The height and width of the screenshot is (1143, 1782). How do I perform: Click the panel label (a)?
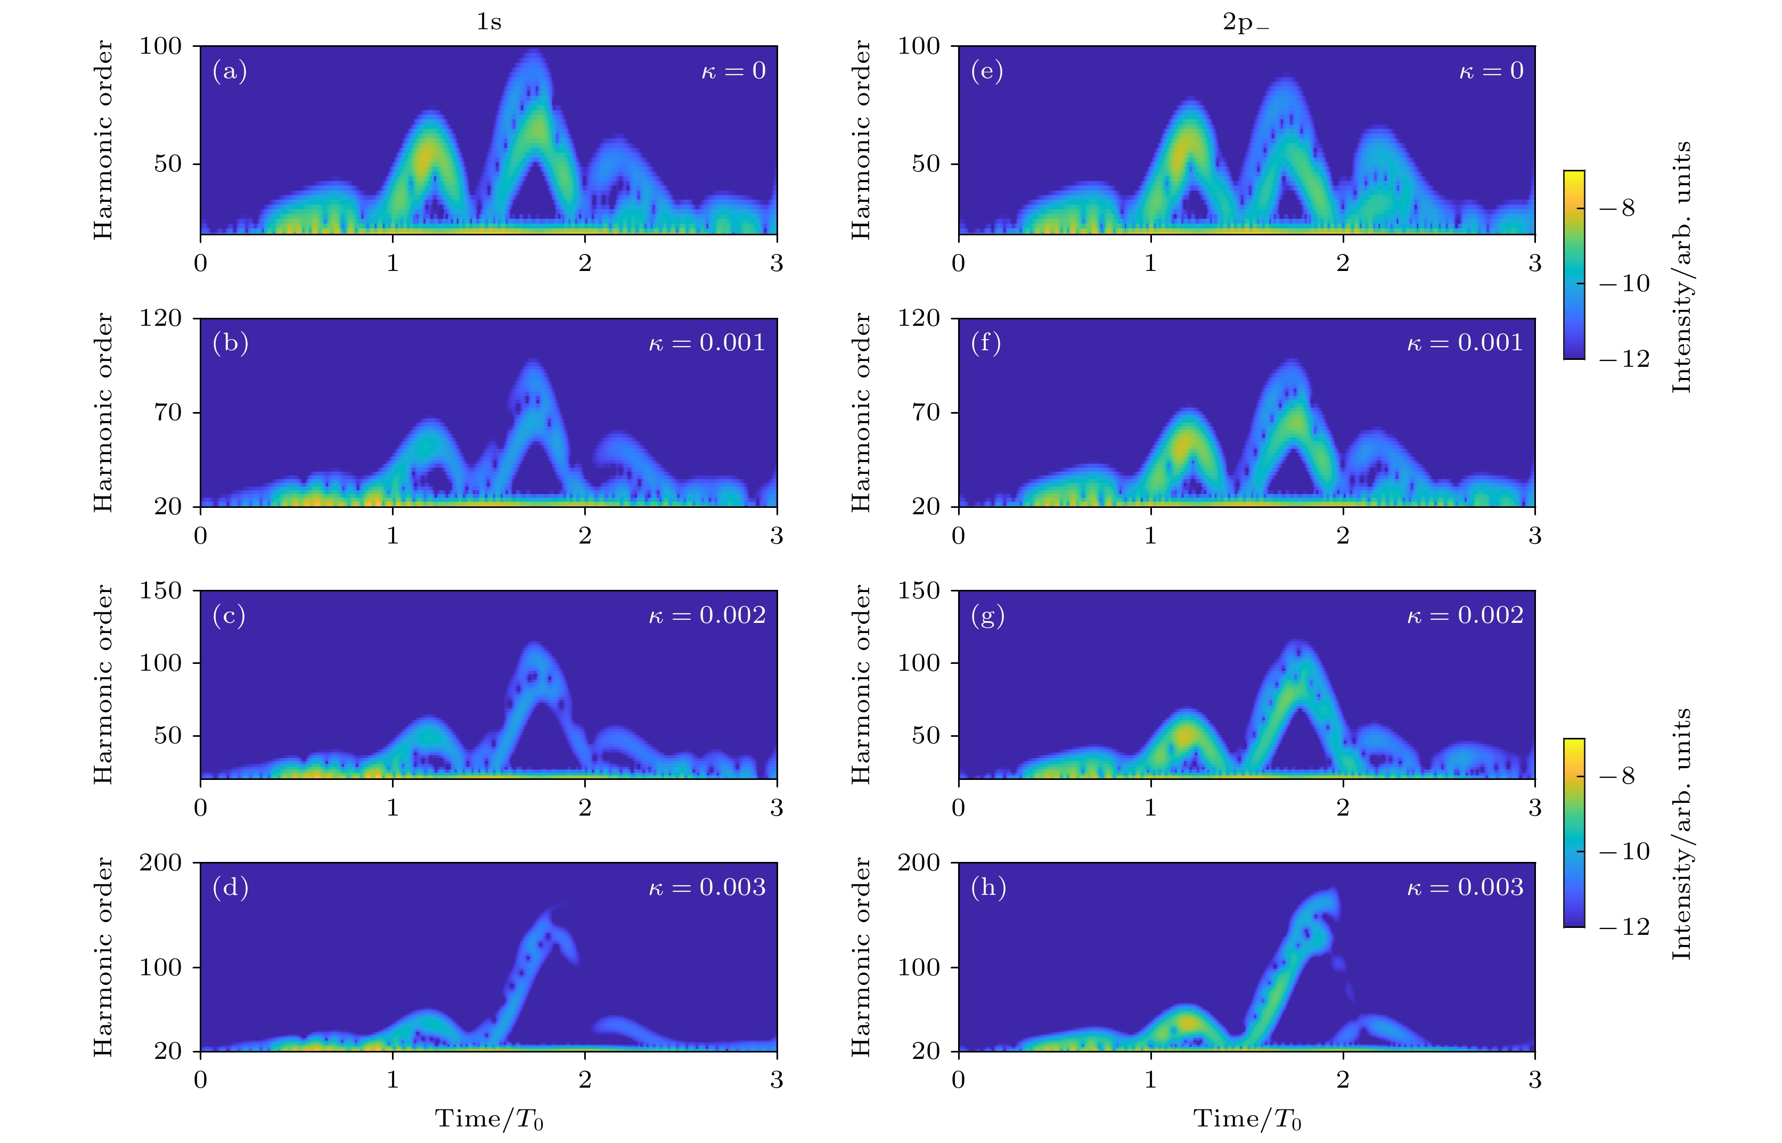coord(230,71)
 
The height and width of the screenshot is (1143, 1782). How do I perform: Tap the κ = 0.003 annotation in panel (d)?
coord(707,887)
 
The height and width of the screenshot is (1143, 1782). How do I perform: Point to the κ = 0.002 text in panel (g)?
coord(1465,615)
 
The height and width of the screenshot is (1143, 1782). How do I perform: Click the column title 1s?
coord(488,22)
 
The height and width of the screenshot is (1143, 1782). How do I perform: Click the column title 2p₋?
coord(1245,22)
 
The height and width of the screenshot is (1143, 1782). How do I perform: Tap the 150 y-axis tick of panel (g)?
coord(919,591)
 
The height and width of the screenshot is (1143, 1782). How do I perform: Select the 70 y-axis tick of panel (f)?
coord(926,413)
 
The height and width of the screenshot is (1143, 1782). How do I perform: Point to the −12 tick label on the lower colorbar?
coord(1624,927)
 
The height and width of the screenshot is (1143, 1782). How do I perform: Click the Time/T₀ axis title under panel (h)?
coord(1247,1119)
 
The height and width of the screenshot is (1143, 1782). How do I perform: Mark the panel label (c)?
coord(228,615)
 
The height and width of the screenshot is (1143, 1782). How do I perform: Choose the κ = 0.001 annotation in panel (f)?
coord(1465,343)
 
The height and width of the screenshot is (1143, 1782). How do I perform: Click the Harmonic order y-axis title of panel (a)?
coord(103,140)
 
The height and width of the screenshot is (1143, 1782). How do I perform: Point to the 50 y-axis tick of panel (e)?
coord(926,164)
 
